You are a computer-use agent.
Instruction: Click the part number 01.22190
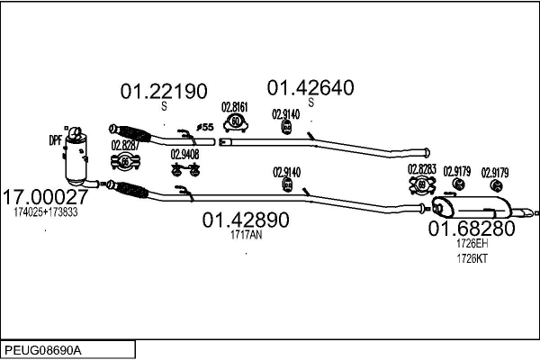pyautogui.click(x=165, y=91)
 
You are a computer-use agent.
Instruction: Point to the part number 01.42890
pyautogui.click(x=245, y=220)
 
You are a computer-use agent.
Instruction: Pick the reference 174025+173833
pyautogui.click(x=45, y=212)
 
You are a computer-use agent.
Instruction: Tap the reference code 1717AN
pyautogui.click(x=245, y=235)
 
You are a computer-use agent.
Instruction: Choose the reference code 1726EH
pyautogui.click(x=472, y=244)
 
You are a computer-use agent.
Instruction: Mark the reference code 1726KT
pyautogui.click(x=472, y=259)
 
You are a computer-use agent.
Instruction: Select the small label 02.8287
pyautogui.click(x=124, y=144)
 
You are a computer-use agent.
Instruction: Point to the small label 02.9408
pyautogui.click(x=184, y=153)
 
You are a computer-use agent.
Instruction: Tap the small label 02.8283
pyautogui.click(x=421, y=168)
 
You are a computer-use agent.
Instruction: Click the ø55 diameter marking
pyautogui.click(x=204, y=128)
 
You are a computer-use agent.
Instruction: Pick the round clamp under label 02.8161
pyautogui.click(x=235, y=121)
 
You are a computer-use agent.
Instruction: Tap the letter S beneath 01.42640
pyautogui.click(x=310, y=103)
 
